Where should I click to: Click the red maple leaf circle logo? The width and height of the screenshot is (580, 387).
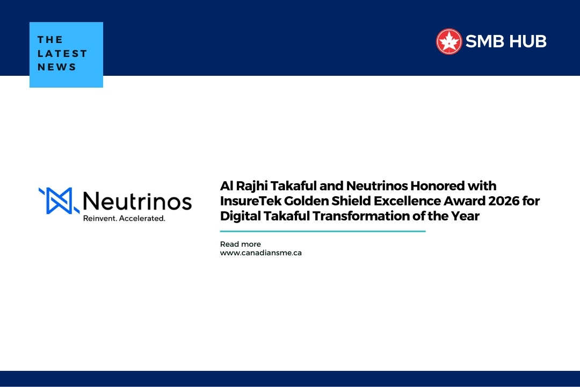pyautogui.click(x=449, y=41)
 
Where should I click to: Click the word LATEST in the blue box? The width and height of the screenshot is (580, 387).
pyautogui.click(x=62, y=53)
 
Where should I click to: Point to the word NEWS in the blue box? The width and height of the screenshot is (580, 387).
pyautogui.click(x=57, y=67)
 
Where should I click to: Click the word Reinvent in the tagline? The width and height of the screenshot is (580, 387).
pyautogui.click(x=100, y=219)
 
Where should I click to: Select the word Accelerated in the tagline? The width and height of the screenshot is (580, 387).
pyautogui.click(x=142, y=219)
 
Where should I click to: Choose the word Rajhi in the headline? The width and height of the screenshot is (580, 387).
pyautogui.click(x=250, y=186)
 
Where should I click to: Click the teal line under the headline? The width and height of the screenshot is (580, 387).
pyautogui.click(x=322, y=231)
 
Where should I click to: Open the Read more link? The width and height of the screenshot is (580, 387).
pyautogui.click(x=240, y=244)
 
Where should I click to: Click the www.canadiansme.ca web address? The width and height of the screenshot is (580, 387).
pyautogui.click(x=260, y=253)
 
